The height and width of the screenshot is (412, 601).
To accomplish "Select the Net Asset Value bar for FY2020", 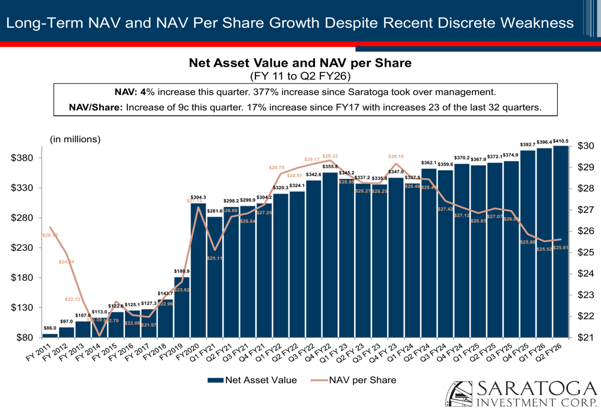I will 198,271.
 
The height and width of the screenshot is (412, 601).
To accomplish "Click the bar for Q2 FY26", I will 560,241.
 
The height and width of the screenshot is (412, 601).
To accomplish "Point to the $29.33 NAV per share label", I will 330,155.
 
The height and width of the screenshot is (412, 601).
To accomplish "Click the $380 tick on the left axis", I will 28,158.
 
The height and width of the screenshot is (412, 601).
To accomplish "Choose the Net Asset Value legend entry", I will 252,380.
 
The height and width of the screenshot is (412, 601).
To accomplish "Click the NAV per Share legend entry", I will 354,380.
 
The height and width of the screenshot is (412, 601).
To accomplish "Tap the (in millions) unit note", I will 75,139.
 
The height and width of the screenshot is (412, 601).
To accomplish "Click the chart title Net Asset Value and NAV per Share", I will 300,63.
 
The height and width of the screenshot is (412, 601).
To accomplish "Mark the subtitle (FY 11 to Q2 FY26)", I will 300,76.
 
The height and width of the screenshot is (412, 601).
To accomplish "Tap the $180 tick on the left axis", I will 28,278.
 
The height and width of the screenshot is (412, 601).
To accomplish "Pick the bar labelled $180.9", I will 182,307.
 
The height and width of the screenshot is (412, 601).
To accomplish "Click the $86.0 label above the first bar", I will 50,328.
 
